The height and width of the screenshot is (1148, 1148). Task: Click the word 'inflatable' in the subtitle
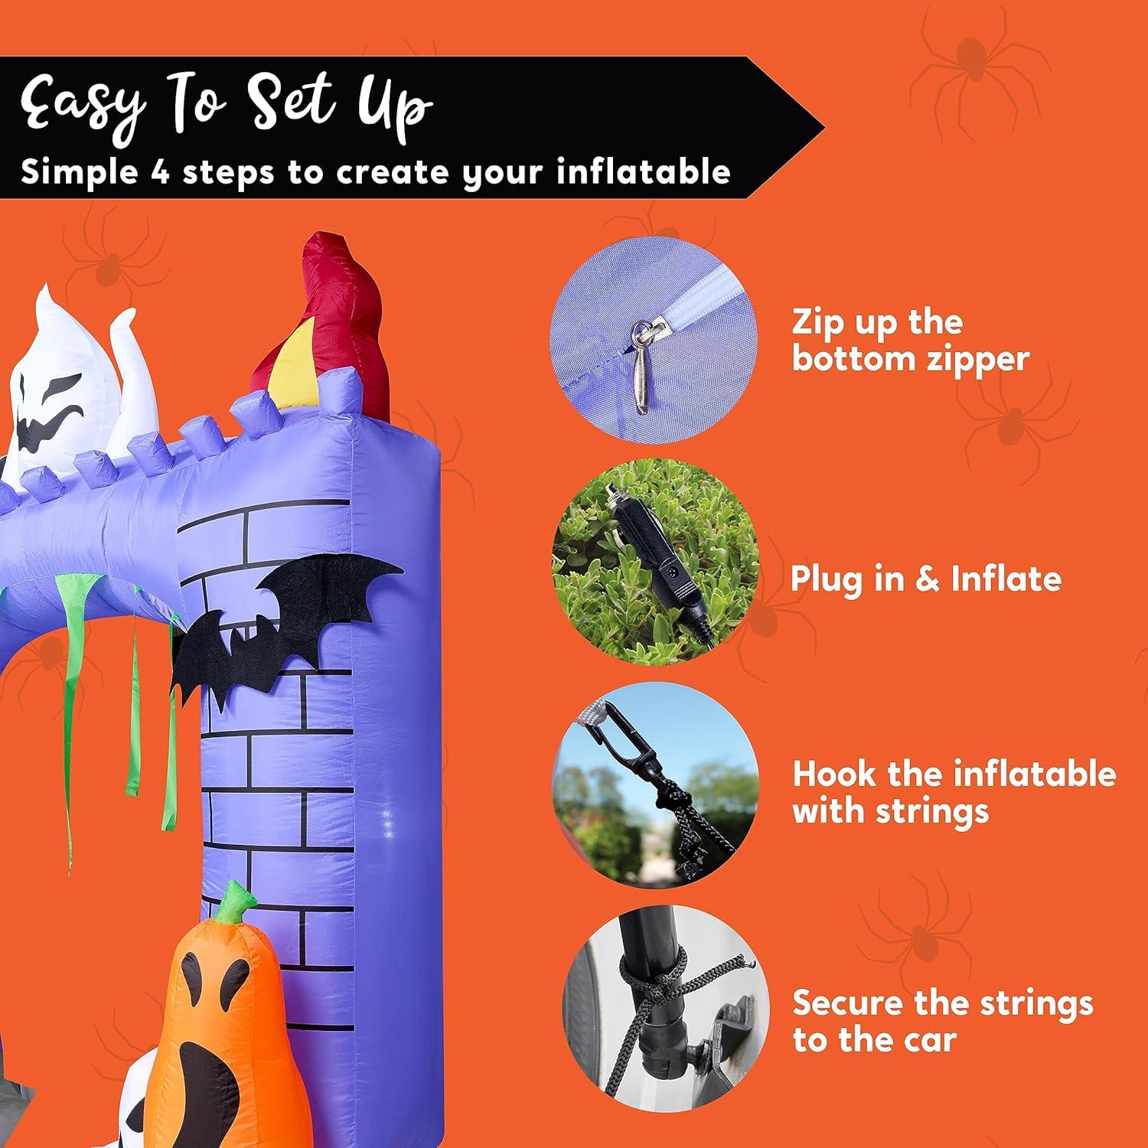click(643, 171)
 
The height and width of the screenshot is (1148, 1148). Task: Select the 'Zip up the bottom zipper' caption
click(910, 341)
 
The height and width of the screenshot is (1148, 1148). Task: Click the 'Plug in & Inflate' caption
click(925, 579)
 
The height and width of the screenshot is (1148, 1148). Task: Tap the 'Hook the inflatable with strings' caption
click(954, 792)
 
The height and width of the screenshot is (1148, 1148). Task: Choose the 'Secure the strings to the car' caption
click(942, 1021)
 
